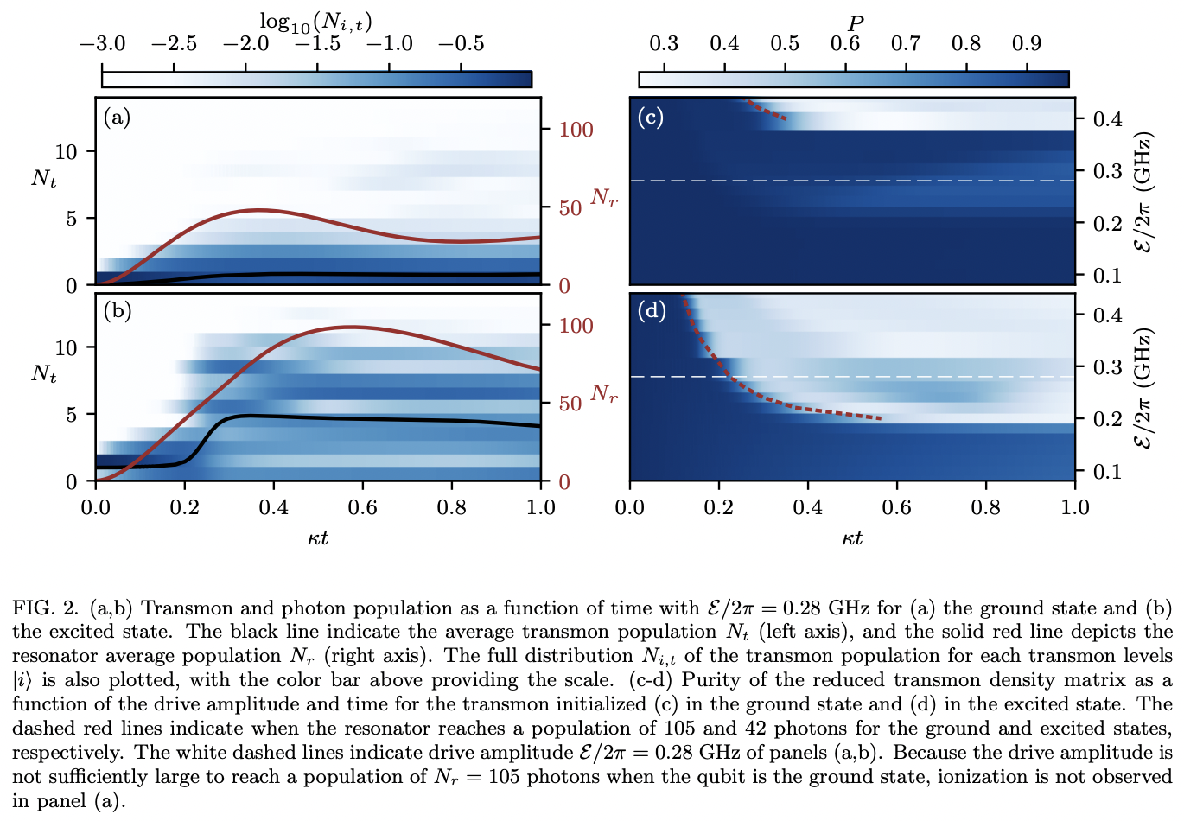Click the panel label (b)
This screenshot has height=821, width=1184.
pos(117,310)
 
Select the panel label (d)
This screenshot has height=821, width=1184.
pos(651,310)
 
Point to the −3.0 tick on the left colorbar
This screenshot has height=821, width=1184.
pos(102,43)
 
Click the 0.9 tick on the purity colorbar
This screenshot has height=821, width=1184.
pos(1026,43)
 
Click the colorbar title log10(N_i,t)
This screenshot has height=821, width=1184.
pos(315,22)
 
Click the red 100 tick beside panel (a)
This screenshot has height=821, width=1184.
pos(576,130)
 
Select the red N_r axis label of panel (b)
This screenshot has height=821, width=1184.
pos(604,394)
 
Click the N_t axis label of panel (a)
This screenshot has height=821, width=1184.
pos(43,178)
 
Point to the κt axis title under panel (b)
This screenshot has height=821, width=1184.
pos(318,538)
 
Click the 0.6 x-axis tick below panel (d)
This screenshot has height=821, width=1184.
pos(897,507)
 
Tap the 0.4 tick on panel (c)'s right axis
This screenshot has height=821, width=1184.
pos(1107,118)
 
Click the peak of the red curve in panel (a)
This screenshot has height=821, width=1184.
pos(259,210)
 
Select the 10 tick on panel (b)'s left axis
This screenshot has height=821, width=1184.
pos(67,347)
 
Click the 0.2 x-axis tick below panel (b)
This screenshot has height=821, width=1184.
pos(184,507)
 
